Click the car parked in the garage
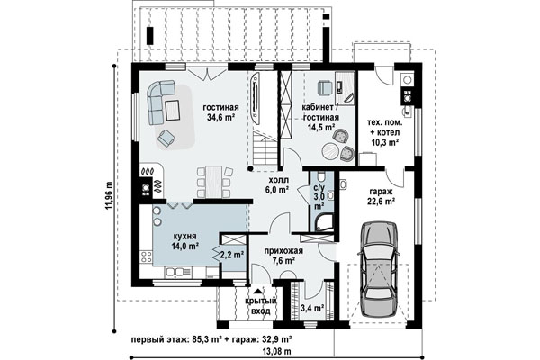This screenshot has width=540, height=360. pyautogui.click(x=379, y=269)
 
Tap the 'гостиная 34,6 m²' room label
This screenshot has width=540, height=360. pyautogui.click(x=220, y=112)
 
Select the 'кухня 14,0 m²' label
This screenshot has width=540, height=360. pyautogui.click(x=184, y=241)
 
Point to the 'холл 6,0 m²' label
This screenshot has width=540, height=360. pyautogui.click(x=279, y=185)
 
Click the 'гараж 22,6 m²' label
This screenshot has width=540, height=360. pyautogui.click(x=382, y=197)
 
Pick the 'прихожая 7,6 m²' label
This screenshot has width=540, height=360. pyautogui.click(x=283, y=256)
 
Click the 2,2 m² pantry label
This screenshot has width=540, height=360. pyautogui.click(x=232, y=255)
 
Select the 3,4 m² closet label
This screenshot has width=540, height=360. pyautogui.click(x=312, y=308)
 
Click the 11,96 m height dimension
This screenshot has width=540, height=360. pyautogui.click(x=109, y=195)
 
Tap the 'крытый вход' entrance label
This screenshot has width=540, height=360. pyautogui.click(x=261, y=306)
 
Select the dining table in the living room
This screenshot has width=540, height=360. pyautogui.click(x=214, y=182)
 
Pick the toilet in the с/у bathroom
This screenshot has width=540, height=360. pyautogui.click(x=321, y=176)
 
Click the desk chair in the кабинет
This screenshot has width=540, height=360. pyautogui.click(x=324, y=87)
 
